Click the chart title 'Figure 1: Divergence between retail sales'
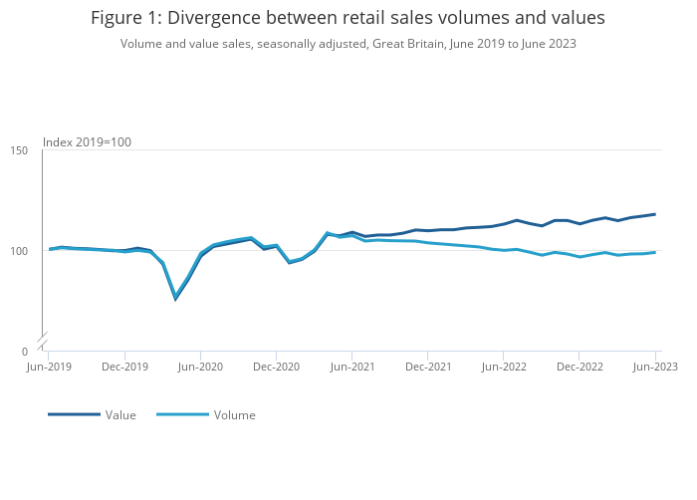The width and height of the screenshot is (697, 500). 348,18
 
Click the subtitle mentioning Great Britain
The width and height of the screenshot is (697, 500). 348,44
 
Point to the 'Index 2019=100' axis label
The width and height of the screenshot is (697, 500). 87,142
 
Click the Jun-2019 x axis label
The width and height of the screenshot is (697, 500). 48,367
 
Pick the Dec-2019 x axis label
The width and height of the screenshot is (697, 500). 124,367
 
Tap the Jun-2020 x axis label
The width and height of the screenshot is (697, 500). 200,367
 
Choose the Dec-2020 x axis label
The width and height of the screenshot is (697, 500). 276,367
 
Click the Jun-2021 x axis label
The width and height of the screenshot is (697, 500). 352,367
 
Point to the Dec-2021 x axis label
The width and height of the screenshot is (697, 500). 428,367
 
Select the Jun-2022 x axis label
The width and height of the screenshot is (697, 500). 504,367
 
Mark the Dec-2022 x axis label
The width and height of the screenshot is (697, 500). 580,367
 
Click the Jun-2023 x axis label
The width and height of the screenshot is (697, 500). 654,367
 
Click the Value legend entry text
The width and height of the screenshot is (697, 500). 120,415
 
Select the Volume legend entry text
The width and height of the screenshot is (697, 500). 234,415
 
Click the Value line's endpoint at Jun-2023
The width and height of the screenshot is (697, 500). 655,214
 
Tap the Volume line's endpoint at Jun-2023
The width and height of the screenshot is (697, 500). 655,252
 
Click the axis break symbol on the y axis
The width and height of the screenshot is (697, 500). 43,341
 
